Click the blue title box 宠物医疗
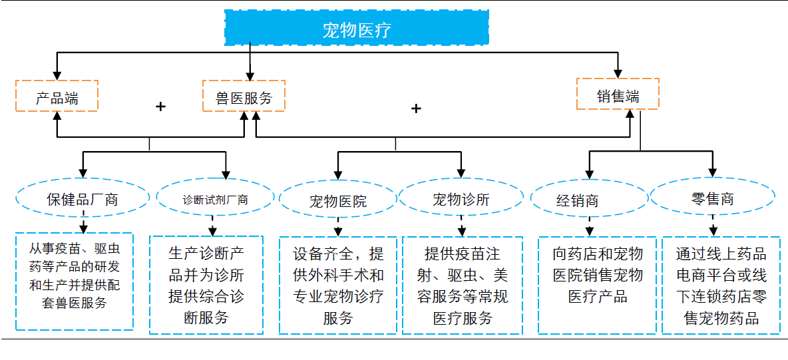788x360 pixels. pos(357,28)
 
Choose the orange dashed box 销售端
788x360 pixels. pos(617,94)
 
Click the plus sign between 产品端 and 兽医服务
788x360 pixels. pos(160,106)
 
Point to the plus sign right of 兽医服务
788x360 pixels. pos(416,108)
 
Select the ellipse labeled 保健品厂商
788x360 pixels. pos(83,198)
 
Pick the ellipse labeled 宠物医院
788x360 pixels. pos(337,200)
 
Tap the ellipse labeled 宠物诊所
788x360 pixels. pos(461,198)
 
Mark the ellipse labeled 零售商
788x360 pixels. pos(711,198)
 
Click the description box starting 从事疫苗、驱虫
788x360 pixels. pos(75,281)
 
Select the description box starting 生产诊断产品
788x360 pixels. pos(206,284)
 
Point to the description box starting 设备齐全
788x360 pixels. pos(337,285)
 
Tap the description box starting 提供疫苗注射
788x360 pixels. pos(462,285)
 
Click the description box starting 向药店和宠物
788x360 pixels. pos(597,285)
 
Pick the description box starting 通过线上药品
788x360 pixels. pos(721,285)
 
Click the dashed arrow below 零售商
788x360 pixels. pos(713,226)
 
